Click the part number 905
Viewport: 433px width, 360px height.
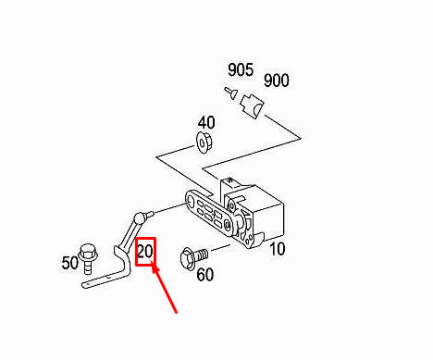[x=241, y=69]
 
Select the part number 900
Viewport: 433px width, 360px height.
[x=277, y=81]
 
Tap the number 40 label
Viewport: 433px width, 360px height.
[x=206, y=123]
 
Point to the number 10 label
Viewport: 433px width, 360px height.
[x=278, y=249]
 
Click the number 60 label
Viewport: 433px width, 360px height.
[x=205, y=274]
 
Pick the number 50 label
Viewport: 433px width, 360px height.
[x=70, y=263]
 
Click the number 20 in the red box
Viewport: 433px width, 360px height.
[x=145, y=252]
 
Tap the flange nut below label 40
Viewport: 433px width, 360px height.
[x=204, y=143]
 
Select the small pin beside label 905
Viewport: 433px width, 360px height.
[x=230, y=93]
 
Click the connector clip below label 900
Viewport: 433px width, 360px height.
[x=253, y=106]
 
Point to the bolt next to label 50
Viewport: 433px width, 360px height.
[x=88, y=258]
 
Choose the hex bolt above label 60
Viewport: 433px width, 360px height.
[x=193, y=258]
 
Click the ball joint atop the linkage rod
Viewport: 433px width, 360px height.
[x=141, y=217]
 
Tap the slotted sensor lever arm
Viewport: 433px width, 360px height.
[x=211, y=213]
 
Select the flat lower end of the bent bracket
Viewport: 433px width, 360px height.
[x=105, y=280]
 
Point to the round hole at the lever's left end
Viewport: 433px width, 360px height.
[x=191, y=201]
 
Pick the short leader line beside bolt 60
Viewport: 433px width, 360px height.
[x=220, y=248]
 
